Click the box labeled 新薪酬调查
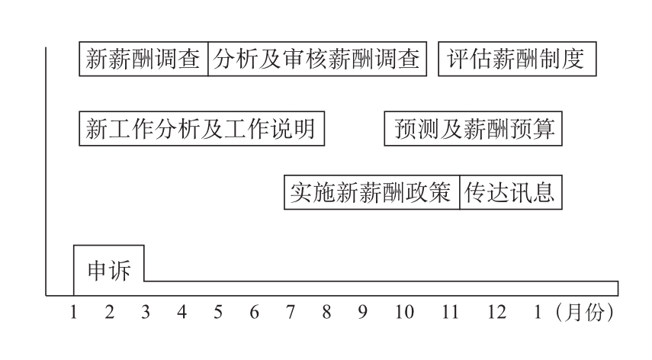pos(144,59)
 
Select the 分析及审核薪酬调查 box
pos(316,59)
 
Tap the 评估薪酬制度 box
pos(517,59)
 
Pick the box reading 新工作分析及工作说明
pos(201,129)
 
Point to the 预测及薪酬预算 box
pos(474,129)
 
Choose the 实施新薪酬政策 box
pos(372,194)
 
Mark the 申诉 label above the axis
pos(109,271)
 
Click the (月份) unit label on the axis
pos(585,313)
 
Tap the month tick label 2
pos(109,313)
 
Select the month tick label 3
pos(145,313)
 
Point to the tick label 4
pos(181,313)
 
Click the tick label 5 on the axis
pos(218,313)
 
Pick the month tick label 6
pos(255,313)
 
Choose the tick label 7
pos(291,313)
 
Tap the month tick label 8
pos(326,313)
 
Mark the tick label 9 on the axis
pos(363,313)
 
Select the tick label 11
pos(451,313)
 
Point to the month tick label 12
pos(496,313)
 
